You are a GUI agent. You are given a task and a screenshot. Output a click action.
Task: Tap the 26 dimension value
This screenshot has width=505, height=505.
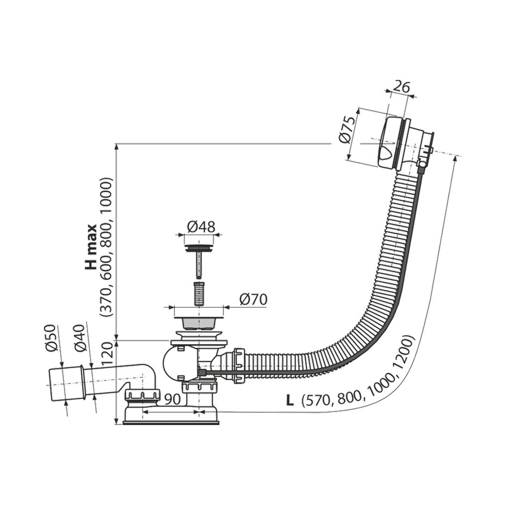click(x=401, y=87)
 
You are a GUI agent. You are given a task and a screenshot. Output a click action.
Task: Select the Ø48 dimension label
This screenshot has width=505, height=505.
click(x=201, y=227)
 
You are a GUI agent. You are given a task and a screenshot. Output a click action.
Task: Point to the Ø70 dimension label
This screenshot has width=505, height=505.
click(x=253, y=300)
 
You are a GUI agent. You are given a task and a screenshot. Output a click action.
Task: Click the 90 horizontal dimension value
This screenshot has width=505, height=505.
click(x=172, y=399)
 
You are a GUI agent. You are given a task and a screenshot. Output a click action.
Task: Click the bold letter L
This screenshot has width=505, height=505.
click(x=290, y=401)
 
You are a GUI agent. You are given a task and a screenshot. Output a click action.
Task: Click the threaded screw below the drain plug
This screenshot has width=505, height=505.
click(x=199, y=294)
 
